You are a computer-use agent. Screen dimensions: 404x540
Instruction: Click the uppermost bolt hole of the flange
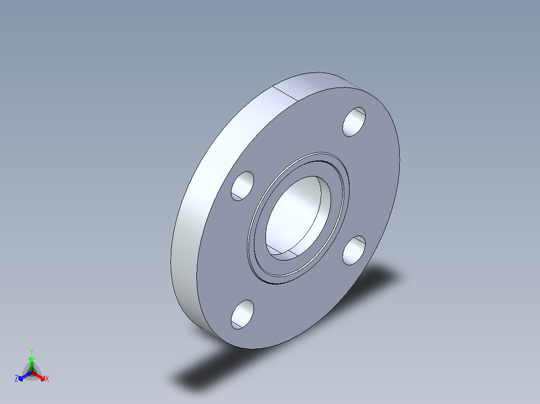[x=354, y=121]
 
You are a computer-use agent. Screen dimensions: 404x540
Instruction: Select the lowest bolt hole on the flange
[x=242, y=314]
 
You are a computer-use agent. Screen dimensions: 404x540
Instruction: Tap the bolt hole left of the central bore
[x=243, y=186]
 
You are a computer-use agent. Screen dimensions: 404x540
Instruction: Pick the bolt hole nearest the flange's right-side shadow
[x=354, y=250]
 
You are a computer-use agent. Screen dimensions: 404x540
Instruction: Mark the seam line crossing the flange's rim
[x=287, y=94]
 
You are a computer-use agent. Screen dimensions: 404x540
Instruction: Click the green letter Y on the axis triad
[x=31, y=351]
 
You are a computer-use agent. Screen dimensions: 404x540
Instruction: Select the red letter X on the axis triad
[x=47, y=379]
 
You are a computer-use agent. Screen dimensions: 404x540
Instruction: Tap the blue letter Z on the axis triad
[x=17, y=379]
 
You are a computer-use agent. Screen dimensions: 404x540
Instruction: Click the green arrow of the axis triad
[x=31, y=362]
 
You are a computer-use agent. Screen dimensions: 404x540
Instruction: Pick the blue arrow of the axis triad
[x=23, y=376]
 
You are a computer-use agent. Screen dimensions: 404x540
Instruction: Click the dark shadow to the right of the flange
[x=381, y=280]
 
